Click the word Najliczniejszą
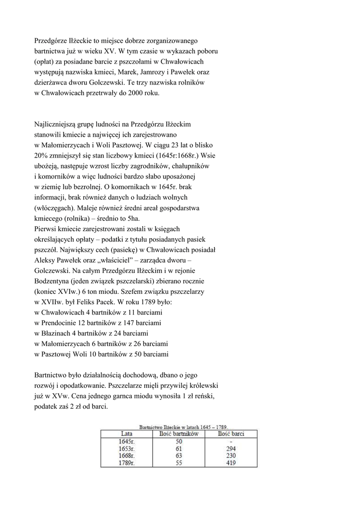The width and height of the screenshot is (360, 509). (x=57, y=124)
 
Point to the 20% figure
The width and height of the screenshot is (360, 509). (x=42, y=156)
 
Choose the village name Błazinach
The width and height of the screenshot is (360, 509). (x=59, y=333)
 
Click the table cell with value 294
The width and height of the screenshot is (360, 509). (x=230, y=448)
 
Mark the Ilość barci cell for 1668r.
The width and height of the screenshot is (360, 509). (x=230, y=455)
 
